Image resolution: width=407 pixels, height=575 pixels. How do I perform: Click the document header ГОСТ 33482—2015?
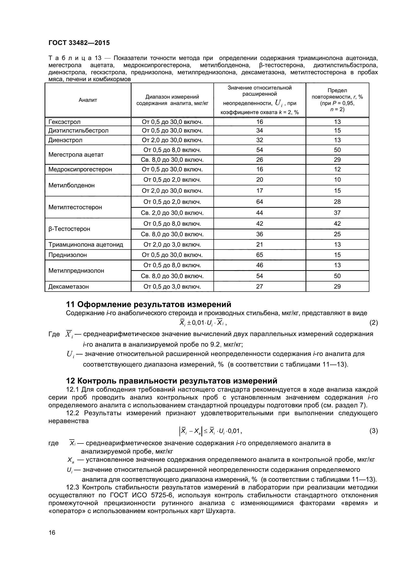79,43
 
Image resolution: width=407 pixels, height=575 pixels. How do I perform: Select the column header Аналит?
88,100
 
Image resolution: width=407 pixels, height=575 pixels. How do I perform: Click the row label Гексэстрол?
65,122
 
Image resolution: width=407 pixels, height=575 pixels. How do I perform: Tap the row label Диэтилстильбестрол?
79,131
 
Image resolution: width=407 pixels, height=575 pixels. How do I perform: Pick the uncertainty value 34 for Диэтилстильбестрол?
260,131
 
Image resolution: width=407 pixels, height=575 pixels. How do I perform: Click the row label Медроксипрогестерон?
80,169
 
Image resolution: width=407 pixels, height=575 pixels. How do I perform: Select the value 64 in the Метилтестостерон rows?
260,202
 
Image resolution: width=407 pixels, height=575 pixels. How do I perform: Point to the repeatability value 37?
337,213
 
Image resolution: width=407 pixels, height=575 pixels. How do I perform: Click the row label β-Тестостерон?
69,229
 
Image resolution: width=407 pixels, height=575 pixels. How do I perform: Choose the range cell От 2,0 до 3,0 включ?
172,245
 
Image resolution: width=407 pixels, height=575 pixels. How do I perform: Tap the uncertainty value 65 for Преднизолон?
260,255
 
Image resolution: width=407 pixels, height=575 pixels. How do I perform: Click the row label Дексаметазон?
68,287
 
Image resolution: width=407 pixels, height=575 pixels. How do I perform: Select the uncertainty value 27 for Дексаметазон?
260,287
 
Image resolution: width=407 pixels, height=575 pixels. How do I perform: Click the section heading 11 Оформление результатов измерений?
148,305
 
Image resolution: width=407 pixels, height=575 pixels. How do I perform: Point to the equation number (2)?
374,323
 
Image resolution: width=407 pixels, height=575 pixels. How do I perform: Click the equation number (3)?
374,431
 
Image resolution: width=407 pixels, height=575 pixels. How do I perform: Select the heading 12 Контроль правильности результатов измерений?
172,381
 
